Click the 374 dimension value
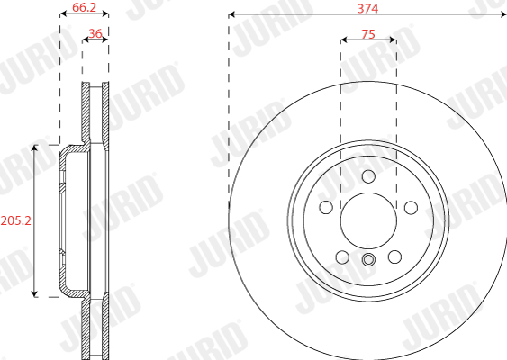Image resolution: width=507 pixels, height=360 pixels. [367, 8]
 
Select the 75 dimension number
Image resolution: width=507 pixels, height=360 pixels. [368, 34]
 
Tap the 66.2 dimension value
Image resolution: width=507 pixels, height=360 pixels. [84, 7]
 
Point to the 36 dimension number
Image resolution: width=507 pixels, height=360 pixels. [95, 33]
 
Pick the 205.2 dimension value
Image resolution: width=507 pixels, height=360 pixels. [16, 220]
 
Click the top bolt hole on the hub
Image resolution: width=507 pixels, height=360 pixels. [368, 176]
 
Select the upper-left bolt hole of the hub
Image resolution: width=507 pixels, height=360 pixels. [326, 207]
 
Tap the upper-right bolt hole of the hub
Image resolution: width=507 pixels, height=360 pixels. [411, 208]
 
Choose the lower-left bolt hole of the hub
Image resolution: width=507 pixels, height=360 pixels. [342, 257]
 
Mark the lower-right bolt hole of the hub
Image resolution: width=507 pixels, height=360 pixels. [394, 257]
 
